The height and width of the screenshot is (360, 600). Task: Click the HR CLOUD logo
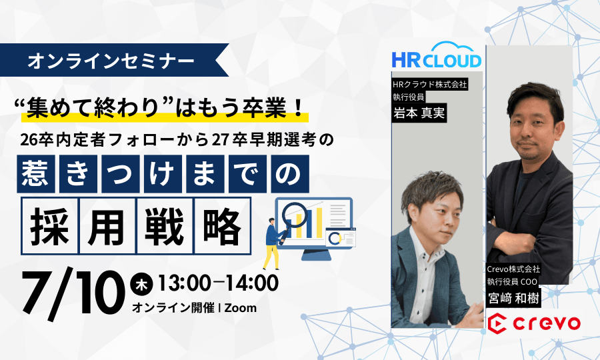436,55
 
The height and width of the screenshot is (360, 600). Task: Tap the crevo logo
534,323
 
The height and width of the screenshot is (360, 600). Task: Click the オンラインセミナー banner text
111,61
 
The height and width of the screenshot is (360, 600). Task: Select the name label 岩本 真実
419,113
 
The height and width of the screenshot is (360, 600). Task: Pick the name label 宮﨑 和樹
514,298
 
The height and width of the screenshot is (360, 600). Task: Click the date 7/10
73,293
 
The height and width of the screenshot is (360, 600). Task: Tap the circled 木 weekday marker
141,284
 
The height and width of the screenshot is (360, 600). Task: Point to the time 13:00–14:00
218,283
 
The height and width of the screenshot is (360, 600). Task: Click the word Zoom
240,307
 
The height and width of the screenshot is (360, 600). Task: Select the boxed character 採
50,226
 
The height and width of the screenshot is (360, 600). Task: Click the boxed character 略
223,226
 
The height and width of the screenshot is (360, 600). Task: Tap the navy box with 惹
35,174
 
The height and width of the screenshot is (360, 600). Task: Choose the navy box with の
290,174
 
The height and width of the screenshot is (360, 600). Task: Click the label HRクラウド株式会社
430,84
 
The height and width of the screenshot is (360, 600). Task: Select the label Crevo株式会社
513,269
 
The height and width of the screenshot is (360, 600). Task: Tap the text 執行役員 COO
512,281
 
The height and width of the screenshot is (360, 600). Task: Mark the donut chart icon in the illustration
335,239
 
